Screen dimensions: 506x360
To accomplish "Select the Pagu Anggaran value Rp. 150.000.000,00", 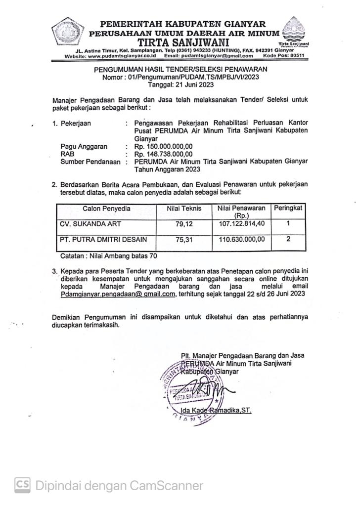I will (159, 146).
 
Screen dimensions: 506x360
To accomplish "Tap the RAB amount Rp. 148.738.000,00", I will (159, 154).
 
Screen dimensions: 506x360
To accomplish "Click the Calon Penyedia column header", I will (106, 209).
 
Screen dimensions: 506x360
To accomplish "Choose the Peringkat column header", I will (288, 209).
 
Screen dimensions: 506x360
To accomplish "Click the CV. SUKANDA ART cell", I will (88, 223).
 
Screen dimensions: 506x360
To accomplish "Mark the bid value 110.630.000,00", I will (242, 240).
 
